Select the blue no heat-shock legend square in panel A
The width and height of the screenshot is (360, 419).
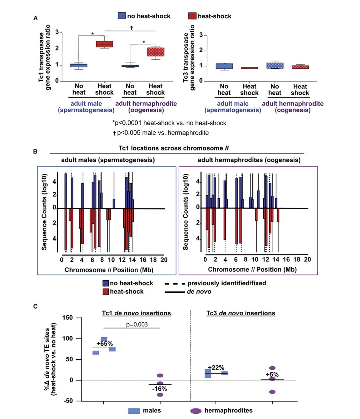coord(122,16)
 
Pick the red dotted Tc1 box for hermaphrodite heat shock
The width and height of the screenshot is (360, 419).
coord(155,52)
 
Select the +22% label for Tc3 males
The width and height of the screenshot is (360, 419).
coord(216,367)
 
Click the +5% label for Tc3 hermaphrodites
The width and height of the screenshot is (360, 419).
coord(272,375)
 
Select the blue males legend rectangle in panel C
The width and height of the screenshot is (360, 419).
coord(134,411)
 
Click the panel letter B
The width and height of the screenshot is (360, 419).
coord(35,152)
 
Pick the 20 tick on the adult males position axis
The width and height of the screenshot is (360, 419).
coord(164,260)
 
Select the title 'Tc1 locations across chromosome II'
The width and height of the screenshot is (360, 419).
coord(177,148)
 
